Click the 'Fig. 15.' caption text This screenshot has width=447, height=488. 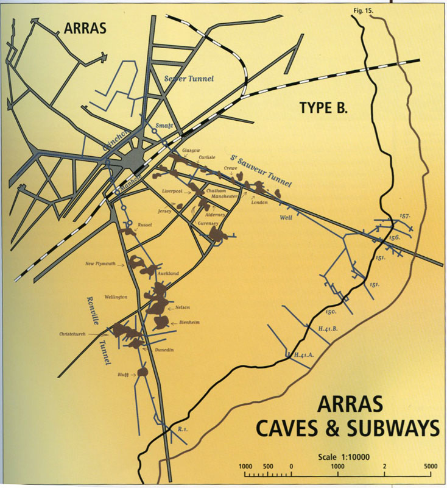(364, 10)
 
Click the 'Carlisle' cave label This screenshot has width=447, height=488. (206, 157)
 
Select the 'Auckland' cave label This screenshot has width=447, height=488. (168, 274)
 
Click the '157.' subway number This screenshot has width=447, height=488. (406, 216)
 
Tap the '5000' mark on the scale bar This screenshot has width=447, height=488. (430, 467)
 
